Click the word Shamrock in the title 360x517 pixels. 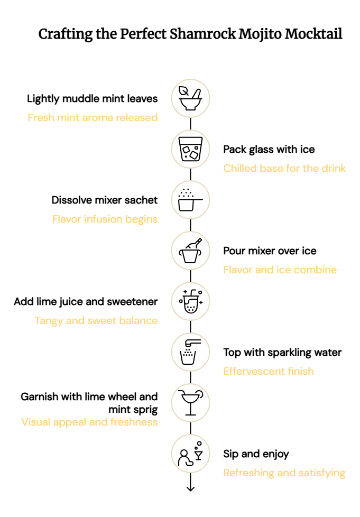click(x=202, y=34)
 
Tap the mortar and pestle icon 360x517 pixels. click(x=190, y=98)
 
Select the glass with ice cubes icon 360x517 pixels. click(x=190, y=149)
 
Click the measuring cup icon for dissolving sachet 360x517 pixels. click(x=190, y=200)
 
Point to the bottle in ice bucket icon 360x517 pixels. click(x=190, y=251)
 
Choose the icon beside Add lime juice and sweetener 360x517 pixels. click(x=190, y=301)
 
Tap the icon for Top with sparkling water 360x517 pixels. click(x=190, y=352)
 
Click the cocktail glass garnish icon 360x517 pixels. click(x=190, y=403)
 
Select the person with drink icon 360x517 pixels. click(x=190, y=454)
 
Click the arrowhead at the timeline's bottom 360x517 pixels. click(x=190, y=488)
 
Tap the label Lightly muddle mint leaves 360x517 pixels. click(x=93, y=98)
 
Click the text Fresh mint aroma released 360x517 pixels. click(x=93, y=117)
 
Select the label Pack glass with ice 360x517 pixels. click(x=269, y=150)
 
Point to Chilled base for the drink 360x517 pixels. click(x=284, y=168)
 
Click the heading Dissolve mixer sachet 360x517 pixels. click(x=105, y=200)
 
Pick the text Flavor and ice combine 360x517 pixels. click(x=280, y=270)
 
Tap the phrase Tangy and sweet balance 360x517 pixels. click(x=96, y=320)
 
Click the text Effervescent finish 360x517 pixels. click(x=269, y=371)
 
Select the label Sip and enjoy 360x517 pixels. click(x=256, y=454)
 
